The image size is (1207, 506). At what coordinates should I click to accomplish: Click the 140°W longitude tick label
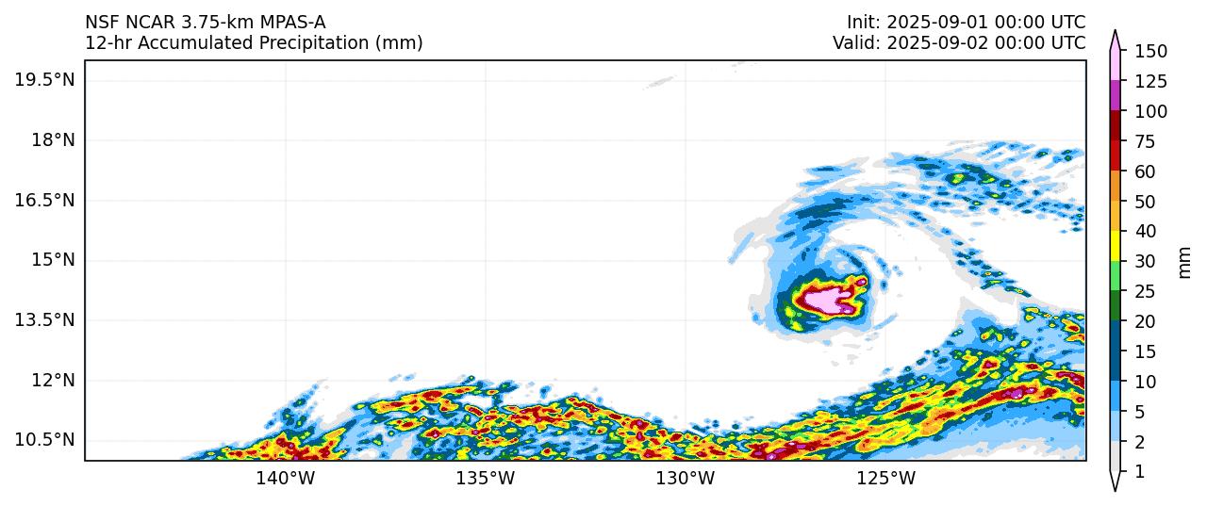pos(285,479)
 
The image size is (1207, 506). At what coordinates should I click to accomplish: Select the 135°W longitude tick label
pos(485,479)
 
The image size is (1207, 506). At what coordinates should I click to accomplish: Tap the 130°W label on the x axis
pos(685,479)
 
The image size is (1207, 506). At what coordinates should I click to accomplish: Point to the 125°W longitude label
pos(886,479)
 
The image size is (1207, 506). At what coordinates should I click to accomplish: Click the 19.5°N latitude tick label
pos(44,79)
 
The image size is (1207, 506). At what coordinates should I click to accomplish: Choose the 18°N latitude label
pos(53,139)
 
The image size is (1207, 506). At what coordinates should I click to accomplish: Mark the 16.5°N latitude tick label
pos(44,200)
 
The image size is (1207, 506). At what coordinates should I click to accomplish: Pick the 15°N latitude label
pos(53,259)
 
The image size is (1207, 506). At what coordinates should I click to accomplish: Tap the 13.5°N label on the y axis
pos(44,319)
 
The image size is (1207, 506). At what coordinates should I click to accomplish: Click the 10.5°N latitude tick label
pos(44,440)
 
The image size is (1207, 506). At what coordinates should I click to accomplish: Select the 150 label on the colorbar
pos(1150,51)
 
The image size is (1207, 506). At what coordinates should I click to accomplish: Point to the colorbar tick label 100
pos(1150,111)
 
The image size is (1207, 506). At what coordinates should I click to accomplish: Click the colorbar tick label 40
pos(1146,232)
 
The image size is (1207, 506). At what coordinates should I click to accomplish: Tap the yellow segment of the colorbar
pos(1116,246)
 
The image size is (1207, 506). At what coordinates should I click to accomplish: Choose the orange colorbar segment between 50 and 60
pos(1116,186)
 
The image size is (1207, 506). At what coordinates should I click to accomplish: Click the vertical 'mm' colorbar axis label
pos(1185,262)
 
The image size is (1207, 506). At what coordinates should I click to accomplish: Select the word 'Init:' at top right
pos(863,23)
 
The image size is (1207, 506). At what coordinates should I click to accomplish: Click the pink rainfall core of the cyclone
pos(823,300)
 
